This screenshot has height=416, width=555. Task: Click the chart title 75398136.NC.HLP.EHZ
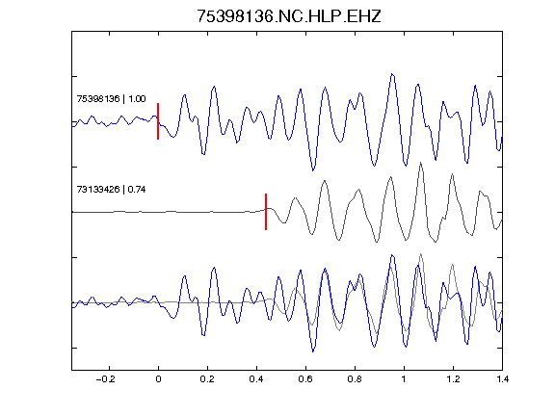coord(288,16)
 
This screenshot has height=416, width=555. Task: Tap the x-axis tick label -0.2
coord(106,379)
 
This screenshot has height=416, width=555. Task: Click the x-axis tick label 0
coord(158,379)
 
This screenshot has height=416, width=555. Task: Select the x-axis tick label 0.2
coord(207,379)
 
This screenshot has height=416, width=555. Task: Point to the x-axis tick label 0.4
coord(256,379)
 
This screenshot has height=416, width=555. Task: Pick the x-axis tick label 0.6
coord(305,379)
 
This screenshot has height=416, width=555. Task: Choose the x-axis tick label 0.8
coord(355,379)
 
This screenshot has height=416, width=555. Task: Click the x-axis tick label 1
coord(404,379)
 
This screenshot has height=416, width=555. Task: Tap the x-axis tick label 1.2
coord(453,379)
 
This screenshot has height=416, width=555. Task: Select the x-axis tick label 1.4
coord(502,379)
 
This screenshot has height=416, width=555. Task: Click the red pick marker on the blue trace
coord(158,121)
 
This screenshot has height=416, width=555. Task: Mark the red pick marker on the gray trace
coord(266,212)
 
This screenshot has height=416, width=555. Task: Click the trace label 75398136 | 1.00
coord(111,98)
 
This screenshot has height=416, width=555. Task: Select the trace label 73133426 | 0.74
coord(111,190)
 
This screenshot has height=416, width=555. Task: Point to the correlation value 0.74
coord(137,190)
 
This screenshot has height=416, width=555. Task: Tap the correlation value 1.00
coord(137,98)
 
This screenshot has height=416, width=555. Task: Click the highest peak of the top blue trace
coord(392,74)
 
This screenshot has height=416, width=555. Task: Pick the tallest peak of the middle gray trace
coord(420,163)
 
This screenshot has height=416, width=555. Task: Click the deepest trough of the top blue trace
coord(313,170)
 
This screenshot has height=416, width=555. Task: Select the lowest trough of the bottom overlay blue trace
coord(313,351)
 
